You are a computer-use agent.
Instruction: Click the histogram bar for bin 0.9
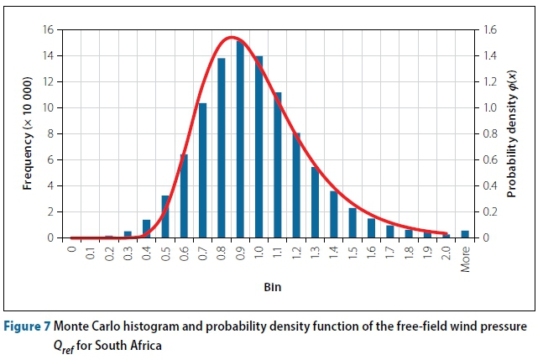240,139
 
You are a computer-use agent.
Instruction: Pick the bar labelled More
465,234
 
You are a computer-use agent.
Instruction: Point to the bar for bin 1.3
315,202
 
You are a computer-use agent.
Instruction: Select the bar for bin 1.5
352,222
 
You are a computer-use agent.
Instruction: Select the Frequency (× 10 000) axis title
28,134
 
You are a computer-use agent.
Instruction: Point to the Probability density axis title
512,134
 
